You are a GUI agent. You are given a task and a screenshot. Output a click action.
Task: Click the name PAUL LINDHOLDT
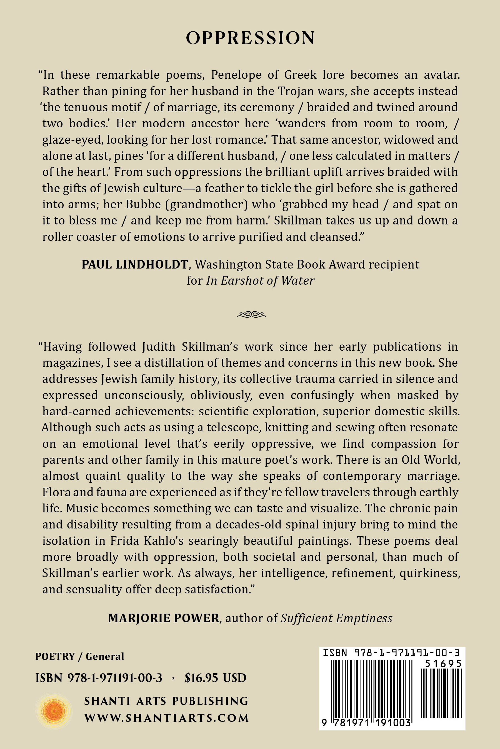134,264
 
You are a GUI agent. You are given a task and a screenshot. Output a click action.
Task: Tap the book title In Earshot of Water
260,280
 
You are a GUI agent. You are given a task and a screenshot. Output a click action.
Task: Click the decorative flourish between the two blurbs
251,315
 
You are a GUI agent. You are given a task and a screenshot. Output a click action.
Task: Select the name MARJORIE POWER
164,618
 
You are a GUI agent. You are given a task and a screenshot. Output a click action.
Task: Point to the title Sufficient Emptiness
336,618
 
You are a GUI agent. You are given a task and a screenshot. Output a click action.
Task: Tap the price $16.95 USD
215,678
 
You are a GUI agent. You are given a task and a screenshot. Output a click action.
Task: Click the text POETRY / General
79,656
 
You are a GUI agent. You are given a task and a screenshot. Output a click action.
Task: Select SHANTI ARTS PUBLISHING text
166,701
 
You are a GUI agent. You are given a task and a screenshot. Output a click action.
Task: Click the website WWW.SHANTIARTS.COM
166,718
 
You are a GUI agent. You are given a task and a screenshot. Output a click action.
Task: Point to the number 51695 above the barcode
443,664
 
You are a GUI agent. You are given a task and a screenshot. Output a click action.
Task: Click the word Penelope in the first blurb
236,75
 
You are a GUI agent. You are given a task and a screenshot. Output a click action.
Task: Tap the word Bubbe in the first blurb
144,204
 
